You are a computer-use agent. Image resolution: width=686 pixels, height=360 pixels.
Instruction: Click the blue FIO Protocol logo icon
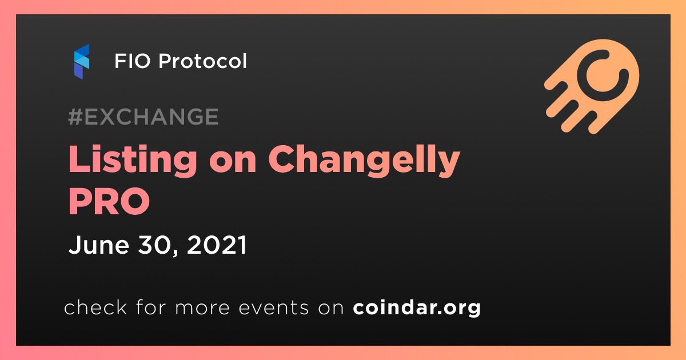81,62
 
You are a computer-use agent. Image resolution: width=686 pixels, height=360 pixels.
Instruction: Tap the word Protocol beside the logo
202,61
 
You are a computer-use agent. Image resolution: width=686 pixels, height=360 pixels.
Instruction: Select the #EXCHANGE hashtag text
143,117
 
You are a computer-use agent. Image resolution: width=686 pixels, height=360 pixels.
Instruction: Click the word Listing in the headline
133,160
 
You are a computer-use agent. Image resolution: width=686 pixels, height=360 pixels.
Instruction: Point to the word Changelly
364,160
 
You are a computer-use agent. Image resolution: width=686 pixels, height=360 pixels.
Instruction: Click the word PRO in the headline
109,201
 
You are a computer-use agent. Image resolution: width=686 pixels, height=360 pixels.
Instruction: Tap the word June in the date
99,245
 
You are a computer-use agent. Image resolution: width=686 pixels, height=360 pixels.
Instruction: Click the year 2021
217,245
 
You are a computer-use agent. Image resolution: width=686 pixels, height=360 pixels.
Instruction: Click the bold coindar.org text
417,307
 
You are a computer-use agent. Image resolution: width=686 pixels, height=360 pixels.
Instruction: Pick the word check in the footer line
95,307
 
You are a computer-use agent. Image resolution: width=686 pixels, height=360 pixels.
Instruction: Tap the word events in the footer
273,307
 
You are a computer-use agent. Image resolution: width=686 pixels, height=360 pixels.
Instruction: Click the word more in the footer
202,307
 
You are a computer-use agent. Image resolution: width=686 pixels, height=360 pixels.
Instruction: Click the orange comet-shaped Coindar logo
592,87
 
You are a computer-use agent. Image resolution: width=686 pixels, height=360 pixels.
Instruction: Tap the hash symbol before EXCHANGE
75,117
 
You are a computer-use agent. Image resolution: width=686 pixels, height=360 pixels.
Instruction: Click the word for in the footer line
151,307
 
